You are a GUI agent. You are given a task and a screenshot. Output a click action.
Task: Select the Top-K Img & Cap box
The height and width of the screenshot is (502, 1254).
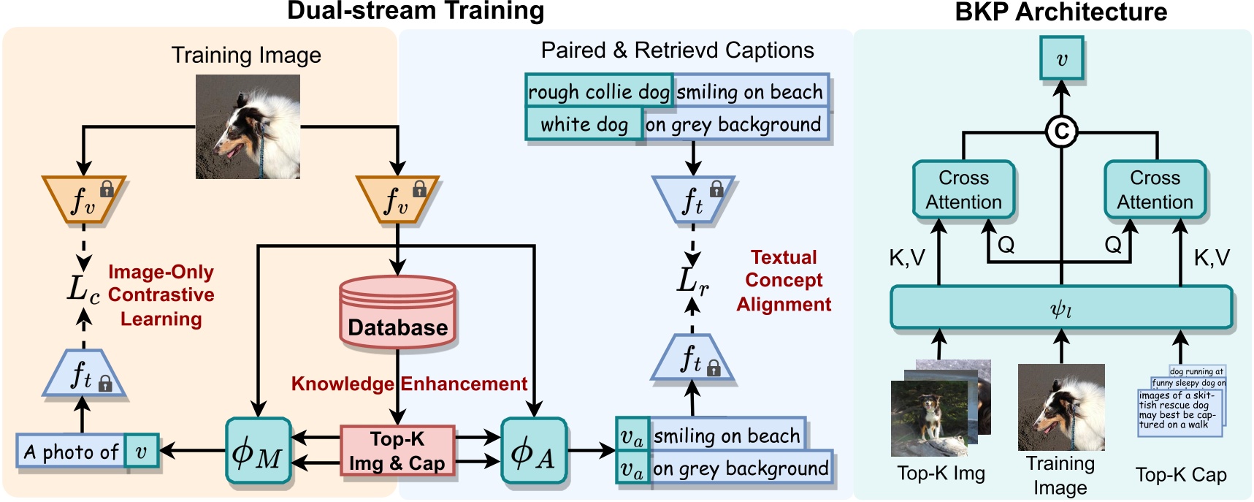pyautogui.click(x=397, y=451)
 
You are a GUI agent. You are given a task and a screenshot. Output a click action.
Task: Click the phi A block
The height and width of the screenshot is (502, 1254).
pyautogui.click(x=533, y=452)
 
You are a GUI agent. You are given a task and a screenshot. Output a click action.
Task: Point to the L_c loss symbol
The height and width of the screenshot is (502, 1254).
pyautogui.click(x=83, y=289)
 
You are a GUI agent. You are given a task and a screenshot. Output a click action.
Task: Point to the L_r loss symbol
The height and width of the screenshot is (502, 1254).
pyautogui.click(x=692, y=280)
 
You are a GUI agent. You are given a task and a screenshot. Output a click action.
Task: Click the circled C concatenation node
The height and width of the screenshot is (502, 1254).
pyautogui.click(x=1060, y=132)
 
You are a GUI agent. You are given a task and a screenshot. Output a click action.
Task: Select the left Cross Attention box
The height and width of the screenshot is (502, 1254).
pyautogui.click(x=963, y=190)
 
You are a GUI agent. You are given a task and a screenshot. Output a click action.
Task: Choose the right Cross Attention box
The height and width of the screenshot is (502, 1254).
pyautogui.click(x=1154, y=190)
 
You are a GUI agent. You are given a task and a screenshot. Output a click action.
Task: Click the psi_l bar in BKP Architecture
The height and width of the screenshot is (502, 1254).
pyautogui.click(x=1060, y=308)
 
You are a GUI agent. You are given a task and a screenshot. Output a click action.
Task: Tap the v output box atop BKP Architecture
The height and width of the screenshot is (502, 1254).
pyautogui.click(x=1061, y=59)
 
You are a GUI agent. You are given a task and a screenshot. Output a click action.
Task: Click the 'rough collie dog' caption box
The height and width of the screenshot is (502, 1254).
pyautogui.click(x=598, y=92)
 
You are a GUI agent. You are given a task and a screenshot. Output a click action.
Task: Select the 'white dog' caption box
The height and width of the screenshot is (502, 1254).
pyautogui.click(x=584, y=124)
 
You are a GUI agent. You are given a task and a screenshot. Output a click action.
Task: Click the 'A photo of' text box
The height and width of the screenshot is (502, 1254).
pyautogui.click(x=71, y=452)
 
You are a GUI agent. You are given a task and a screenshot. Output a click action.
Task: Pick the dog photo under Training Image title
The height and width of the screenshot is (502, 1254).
pyautogui.click(x=248, y=126)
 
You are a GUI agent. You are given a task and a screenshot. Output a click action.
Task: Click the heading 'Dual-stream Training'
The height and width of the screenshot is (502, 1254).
pyautogui.click(x=416, y=11)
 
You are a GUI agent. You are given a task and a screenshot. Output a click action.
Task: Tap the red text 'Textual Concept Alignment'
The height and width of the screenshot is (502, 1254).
pyautogui.click(x=783, y=281)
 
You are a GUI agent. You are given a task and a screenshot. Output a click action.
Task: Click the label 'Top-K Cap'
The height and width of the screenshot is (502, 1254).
pyautogui.click(x=1180, y=475)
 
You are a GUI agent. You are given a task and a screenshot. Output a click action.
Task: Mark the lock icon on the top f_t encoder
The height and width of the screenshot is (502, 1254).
pyautogui.click(x=716, y=189)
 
